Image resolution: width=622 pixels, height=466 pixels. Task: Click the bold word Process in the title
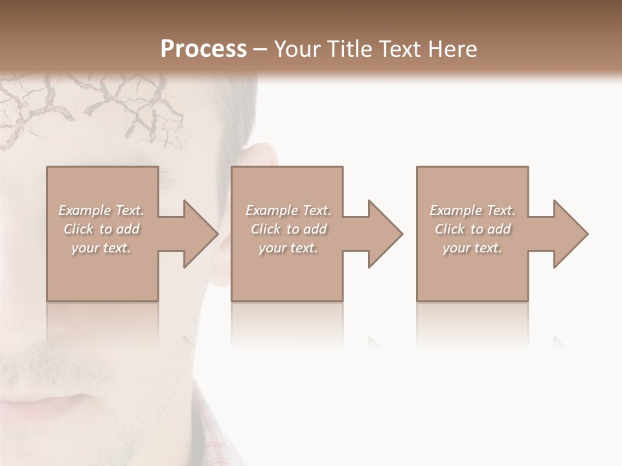[x=203, y=49]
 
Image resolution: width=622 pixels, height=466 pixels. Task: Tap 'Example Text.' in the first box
[x=101, y=210]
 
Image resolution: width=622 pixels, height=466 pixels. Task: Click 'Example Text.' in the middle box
[x=288, y=210]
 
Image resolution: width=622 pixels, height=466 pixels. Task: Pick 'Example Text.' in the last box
[x=472, y=210]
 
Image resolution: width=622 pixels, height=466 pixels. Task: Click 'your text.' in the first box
[x=101, y=248]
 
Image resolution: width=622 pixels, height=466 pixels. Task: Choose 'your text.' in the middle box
[x=288, y=248]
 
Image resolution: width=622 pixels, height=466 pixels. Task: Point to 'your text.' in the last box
[x=472, y=248]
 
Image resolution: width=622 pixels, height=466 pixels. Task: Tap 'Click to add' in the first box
[x=101, y=229]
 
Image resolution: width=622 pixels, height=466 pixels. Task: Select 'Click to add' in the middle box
[x=288, y=229]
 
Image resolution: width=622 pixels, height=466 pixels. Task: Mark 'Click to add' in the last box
[x=472, y=229]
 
